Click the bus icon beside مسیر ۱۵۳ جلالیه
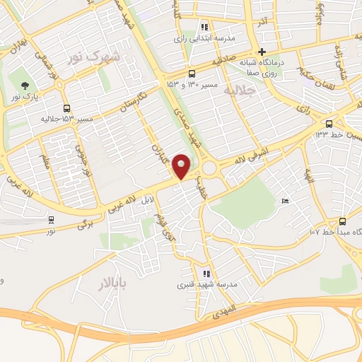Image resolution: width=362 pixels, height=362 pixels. (x=66, y=108)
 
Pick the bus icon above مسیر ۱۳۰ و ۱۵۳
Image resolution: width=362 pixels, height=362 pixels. (x=192, y=74)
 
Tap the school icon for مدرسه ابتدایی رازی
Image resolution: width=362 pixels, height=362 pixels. (x=204, y=28)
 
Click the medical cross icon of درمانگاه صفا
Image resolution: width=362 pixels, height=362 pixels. (x=262, y=52)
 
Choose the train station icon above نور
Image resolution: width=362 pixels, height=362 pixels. (x=51, y=220)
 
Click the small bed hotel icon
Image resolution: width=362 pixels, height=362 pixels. (x=285, y=202)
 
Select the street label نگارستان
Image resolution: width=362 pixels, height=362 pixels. (x=132, y=99)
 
